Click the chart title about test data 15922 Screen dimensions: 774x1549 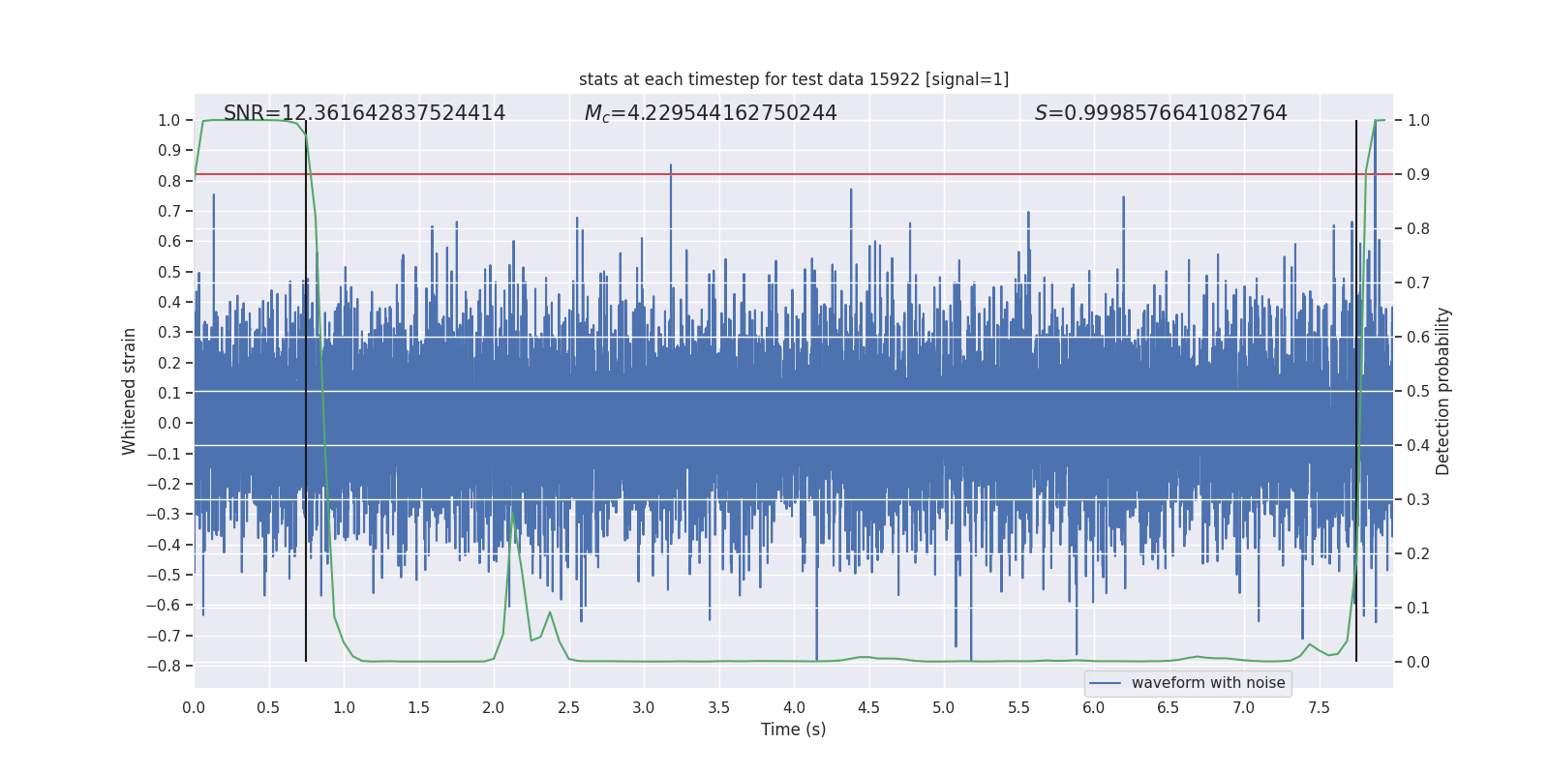(x=793, y=79)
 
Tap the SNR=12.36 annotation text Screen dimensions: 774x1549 (x=364, y=113)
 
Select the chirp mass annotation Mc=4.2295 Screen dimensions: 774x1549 (x=711, y=113)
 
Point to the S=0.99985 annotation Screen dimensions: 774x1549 (x=1161, y=113)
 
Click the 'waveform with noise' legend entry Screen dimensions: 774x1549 (x=1188, y=683)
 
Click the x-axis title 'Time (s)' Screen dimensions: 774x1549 (x=793, y=729)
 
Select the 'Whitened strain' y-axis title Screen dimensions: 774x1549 (x=130, y=391)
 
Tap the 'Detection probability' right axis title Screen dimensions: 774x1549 (x=1443, y=391)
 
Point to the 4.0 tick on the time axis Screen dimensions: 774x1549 (x=794, y=707)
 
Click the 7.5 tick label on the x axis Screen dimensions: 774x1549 (x=1319, y=707)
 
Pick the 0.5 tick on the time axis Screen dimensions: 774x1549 (x=268, y=707)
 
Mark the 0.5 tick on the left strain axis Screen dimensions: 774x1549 (x=169, y=272)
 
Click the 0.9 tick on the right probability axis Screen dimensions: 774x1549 (x=1418, y=174)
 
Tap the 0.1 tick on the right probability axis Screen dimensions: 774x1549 (x=1418, y=608)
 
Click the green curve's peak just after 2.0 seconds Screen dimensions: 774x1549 (x=512, y=512)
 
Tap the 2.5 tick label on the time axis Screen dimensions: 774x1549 (x=568, y=707)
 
